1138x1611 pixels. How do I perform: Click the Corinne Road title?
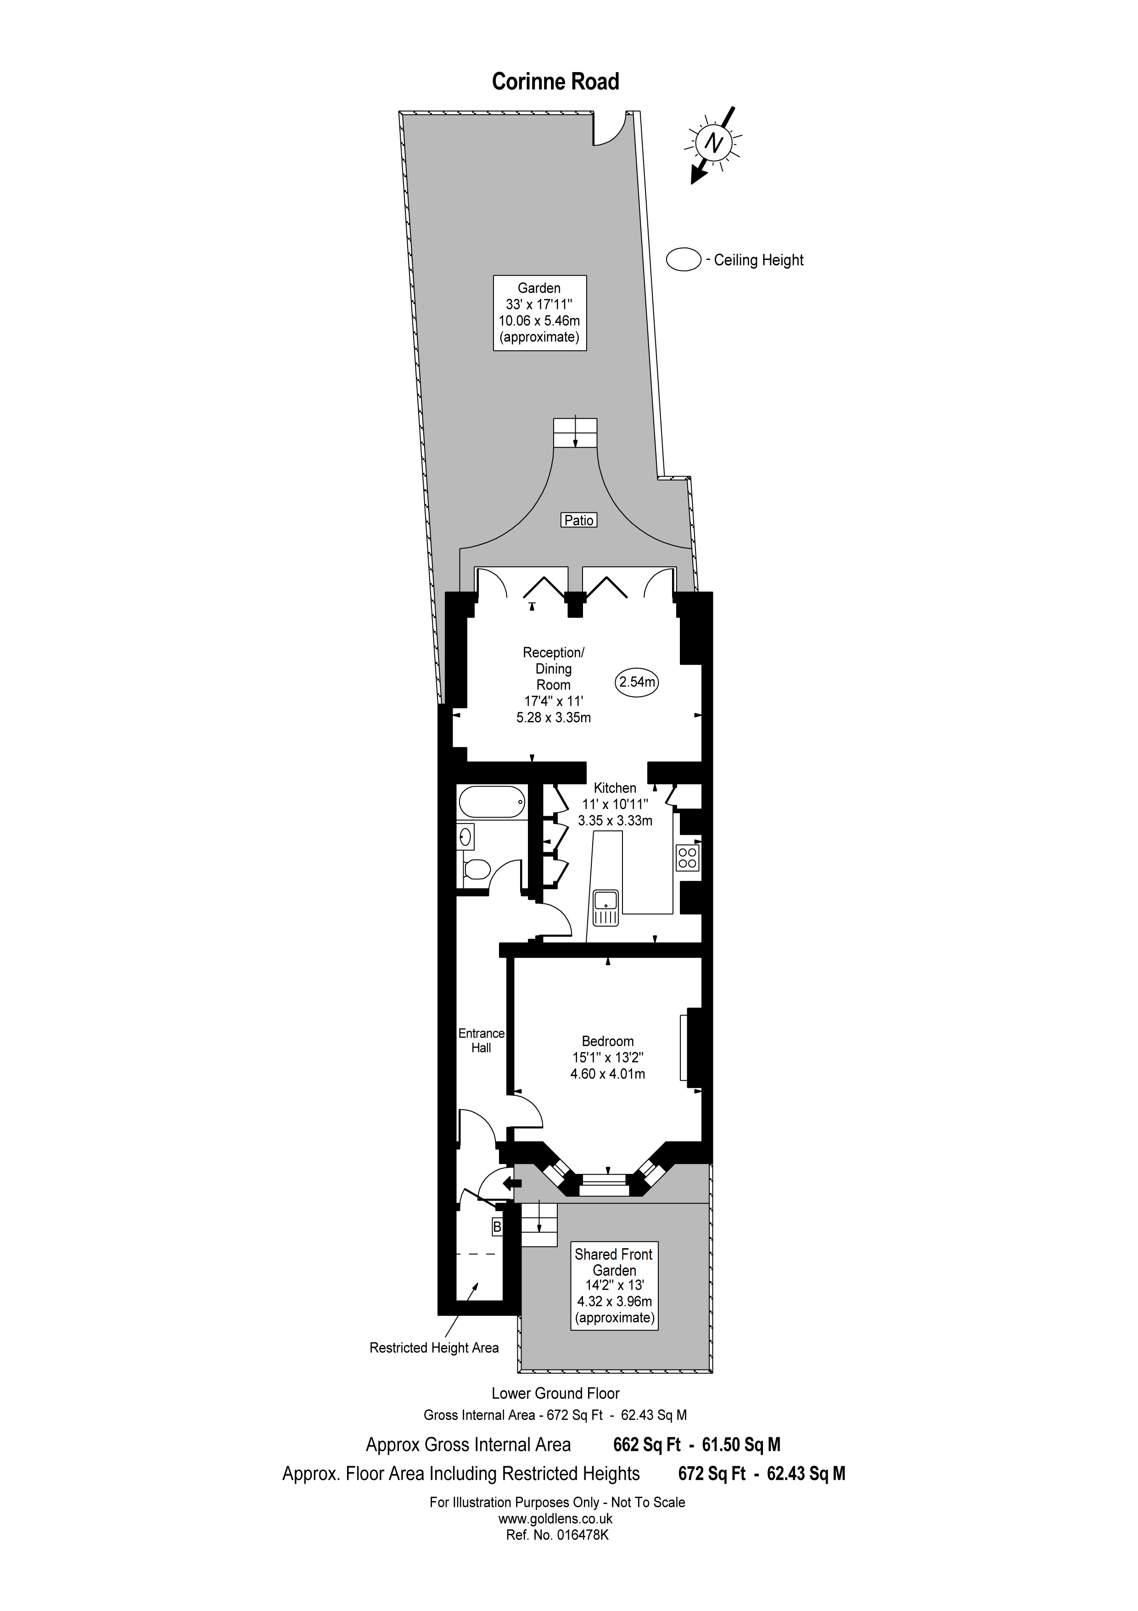click(x=555, y=82)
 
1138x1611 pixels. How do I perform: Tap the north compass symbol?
click(x=714, y=144)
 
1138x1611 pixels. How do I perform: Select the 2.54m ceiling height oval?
click(x=637, y=682)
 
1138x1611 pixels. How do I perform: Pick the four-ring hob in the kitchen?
click(x=687, y=857)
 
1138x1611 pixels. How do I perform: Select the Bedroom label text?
click(x=607, y=1041)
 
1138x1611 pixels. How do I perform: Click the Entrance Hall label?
click(x=481, y=1041)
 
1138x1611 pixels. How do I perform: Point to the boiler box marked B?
click(x=497, y=1227)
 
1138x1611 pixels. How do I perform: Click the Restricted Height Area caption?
click(x=434, y=1348)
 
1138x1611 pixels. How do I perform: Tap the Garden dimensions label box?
click(x=539, y=313)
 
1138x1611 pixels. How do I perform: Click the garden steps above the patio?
click(x=576, y=432)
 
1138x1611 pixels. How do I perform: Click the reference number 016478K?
click(x=557, y=1534)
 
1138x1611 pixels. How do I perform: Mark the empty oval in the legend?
click(x=684, y=259)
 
